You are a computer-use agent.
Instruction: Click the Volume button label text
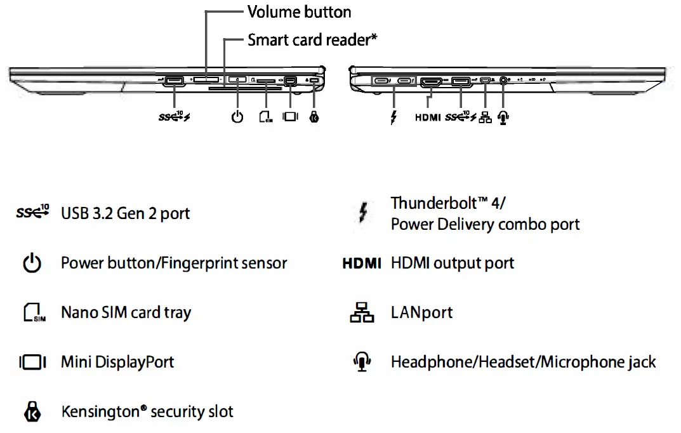[299, 12]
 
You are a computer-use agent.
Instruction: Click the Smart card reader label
[312, 40]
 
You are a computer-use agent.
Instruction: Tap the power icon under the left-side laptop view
[237, 117]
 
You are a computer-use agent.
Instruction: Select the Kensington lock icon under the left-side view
[314, 117]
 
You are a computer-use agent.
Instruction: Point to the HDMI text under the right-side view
[428, 117]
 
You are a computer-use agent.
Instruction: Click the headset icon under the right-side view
[504, 117]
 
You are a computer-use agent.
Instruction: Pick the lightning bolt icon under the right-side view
[394, 117]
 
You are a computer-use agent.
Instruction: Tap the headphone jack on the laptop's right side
[504, 81]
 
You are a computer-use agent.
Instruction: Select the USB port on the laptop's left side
[173, 81]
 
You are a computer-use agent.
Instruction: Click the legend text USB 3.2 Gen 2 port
[125, 213]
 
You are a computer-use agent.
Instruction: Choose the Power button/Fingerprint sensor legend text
[174, 263]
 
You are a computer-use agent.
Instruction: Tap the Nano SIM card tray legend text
[126, 312]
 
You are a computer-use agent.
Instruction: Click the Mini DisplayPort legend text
[117, 362]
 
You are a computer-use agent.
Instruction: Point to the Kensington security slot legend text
[147, 411]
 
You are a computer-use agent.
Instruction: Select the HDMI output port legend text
[453, 263]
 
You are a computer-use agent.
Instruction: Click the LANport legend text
[422, 312]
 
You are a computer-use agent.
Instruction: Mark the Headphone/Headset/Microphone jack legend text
[523, 362]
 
